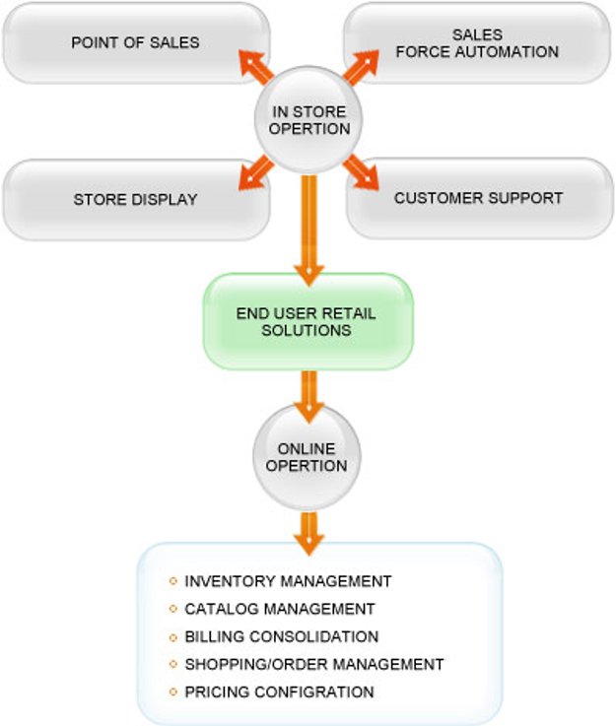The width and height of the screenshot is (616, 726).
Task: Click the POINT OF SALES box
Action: tap(135, 42)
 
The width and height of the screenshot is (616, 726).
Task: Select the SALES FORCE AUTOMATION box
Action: tap(477, 42)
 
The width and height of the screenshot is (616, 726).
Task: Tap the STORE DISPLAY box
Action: tap(135, 199)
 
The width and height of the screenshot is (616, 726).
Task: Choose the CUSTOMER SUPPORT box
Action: tap(478, 198)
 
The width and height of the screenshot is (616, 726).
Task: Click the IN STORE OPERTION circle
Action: tap(308, 120)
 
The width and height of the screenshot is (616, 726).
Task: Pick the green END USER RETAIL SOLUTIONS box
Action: tap(307, 321)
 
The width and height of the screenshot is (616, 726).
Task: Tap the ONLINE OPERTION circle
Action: tap(307, 458)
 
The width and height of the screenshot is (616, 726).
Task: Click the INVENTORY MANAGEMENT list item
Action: tap(288, 581)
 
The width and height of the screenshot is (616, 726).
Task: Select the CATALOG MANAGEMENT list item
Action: tap(280, 609)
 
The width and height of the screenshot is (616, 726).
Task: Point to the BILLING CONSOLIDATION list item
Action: tap(281, 636)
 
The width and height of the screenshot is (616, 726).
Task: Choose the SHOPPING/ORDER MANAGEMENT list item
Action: tap(314, 664)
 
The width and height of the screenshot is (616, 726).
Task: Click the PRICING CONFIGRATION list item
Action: tap(279, 692)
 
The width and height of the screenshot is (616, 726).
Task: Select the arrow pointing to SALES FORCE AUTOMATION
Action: tap(360, 67)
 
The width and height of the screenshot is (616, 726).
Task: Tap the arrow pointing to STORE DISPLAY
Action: tap(256, 171)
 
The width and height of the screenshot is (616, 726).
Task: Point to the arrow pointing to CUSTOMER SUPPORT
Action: tap(361, 171)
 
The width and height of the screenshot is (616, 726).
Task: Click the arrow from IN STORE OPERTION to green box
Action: tap(308, 227)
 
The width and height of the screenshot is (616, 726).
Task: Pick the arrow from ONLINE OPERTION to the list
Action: tap(308, 532)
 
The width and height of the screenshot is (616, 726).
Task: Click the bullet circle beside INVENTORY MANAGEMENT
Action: tap(173, 581)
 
